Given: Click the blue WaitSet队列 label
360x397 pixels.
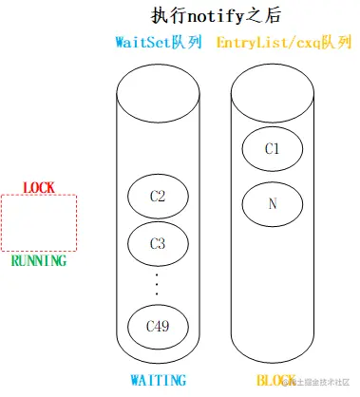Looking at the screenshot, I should coord(158,44).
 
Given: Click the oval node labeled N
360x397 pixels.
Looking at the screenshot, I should coord(272,201).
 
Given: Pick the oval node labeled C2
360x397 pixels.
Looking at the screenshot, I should coord(158,197).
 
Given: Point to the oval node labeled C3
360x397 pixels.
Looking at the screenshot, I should coord(158,243).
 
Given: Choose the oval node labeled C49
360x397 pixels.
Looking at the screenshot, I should coord(158,326).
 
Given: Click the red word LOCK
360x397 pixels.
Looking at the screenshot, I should coord(39,187).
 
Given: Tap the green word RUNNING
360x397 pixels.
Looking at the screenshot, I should coord(39,260).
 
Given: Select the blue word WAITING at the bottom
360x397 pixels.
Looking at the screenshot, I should coord(157,380).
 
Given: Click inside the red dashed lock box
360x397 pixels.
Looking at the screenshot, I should coord(39,223).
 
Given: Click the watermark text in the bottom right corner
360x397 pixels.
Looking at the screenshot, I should coord(318,382).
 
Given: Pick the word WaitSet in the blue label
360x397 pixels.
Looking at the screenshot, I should coord(142,44).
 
